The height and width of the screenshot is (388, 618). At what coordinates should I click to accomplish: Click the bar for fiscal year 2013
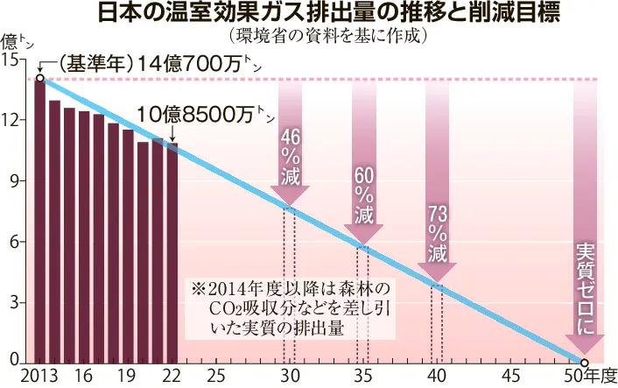click(x=40, y=219)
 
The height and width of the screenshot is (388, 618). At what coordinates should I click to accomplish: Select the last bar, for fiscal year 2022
click(x=172, y=254)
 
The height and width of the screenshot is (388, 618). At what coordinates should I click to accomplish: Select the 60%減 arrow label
click(x=364, y=194)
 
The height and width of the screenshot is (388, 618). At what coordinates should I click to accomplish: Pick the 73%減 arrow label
click(x=438, y=233)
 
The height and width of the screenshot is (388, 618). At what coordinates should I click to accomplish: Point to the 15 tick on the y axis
click(x=11, y=60)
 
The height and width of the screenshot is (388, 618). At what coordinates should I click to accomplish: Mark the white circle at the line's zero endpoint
click(x=584, y=363)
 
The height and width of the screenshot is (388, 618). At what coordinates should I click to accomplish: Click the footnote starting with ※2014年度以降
click(x=292, y=307)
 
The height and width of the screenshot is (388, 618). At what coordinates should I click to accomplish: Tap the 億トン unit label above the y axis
click(x=18, y=40)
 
